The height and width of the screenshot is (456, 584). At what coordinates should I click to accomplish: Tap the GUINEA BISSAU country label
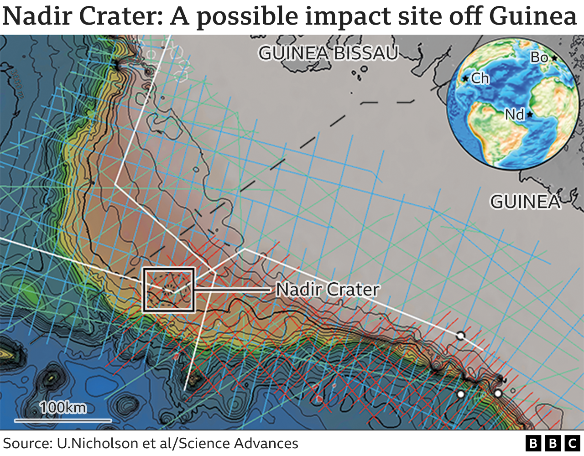point(328,53)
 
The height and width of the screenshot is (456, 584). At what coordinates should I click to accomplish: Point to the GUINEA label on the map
point(525,202)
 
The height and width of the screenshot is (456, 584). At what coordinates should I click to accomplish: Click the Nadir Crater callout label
point(328,290)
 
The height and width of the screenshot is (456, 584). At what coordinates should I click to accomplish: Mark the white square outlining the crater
point(169,290)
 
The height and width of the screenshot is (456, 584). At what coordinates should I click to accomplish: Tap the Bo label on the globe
point(539,57)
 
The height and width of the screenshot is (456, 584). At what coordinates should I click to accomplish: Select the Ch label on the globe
point(480,78)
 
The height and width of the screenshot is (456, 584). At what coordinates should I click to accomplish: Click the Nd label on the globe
point(514,114)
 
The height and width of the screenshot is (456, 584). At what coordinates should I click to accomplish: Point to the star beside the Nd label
point(530,114)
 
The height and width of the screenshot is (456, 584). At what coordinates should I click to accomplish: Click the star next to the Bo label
point(554,58)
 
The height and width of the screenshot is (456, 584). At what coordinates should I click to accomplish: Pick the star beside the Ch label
point(465,79)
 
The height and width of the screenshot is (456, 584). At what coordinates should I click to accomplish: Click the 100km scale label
point(63,407)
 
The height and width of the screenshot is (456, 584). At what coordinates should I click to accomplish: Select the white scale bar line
point(63,420)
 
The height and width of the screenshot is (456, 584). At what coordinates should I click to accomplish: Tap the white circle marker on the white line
point(460,336)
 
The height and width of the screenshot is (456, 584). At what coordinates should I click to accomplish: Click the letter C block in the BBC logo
point(572,443)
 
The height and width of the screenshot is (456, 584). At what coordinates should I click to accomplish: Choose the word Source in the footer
point(26,443)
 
